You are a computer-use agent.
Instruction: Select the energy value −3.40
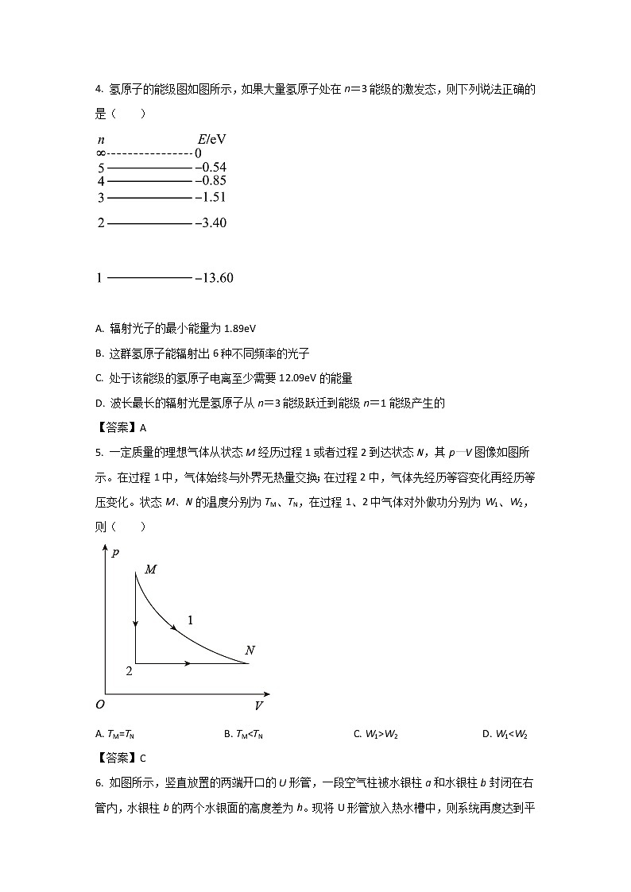tap(211, 223)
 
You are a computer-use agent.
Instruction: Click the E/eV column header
tap(211, 139)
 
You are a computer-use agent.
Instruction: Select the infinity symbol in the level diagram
tap(101, 153)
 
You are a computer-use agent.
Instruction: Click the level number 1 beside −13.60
tap(99, 278)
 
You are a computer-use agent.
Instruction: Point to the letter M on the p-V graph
tap(151, 570)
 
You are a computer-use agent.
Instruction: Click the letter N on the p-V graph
tap(250, 651)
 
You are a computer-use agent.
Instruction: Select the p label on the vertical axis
tap(116, 553)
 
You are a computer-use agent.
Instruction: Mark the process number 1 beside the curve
tap(190, 619)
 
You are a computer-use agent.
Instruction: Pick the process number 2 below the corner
tap(129, 672)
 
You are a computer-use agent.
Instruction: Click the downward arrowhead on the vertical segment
tap(136, 624)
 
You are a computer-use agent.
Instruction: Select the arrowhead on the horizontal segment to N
tap(188, 662)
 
